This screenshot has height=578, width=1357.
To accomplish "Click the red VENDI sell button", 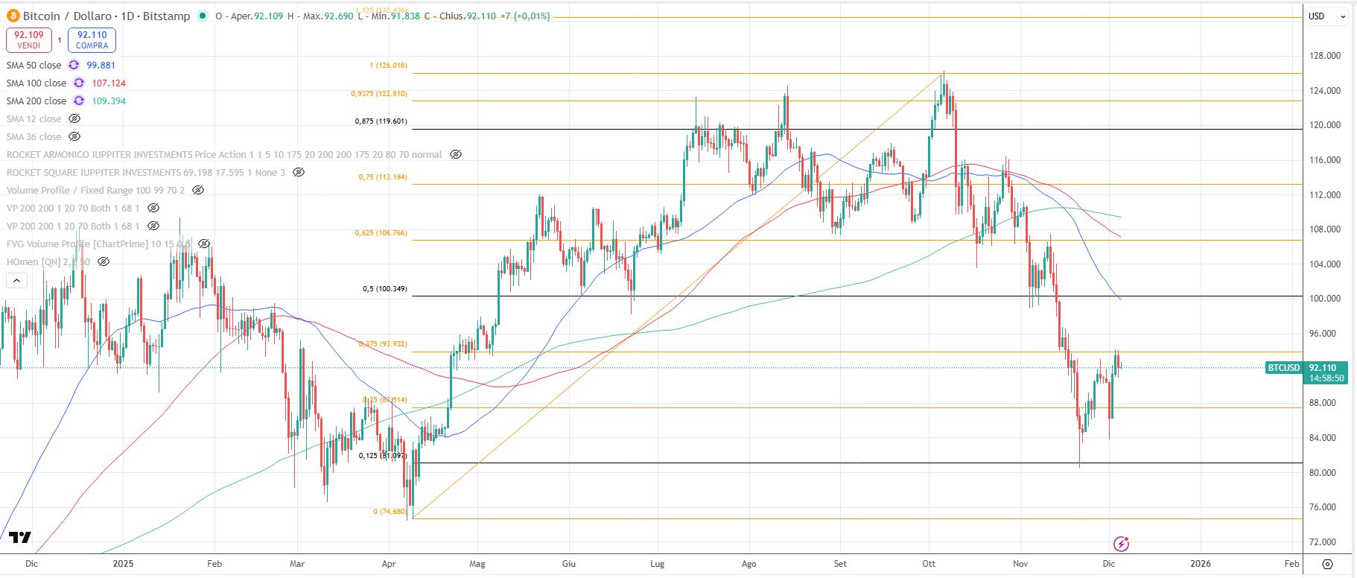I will (x=29, y=39).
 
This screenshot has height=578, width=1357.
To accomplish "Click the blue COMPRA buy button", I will (x=92, y=39).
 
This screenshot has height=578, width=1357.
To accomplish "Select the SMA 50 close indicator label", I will (x=34, y=66).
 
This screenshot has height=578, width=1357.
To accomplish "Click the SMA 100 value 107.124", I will (x=109, y=83).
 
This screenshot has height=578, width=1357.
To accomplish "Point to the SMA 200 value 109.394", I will (x=109, y=101).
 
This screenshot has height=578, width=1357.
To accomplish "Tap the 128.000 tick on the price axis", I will (x=1325, y=56).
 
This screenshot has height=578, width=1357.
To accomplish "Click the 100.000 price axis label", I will (x=1325, y=299).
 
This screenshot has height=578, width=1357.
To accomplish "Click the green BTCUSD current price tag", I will (x=1283, y=368).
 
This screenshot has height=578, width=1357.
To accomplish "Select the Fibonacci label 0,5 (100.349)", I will (x=385, y=289).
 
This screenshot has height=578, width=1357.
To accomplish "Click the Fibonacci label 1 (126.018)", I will (x=388, y=66).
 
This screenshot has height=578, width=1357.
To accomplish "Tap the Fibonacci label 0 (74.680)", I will (x=390, y=512).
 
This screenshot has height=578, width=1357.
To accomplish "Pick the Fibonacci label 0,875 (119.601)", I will (x=381, y=121).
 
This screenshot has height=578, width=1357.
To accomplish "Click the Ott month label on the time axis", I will (x=929, y=564).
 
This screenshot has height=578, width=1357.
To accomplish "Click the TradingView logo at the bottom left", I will (x=20, y=538).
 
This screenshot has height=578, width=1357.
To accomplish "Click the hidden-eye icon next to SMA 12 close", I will (x=74, y=119).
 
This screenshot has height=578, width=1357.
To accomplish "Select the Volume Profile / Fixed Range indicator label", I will (x=95, y=191).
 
